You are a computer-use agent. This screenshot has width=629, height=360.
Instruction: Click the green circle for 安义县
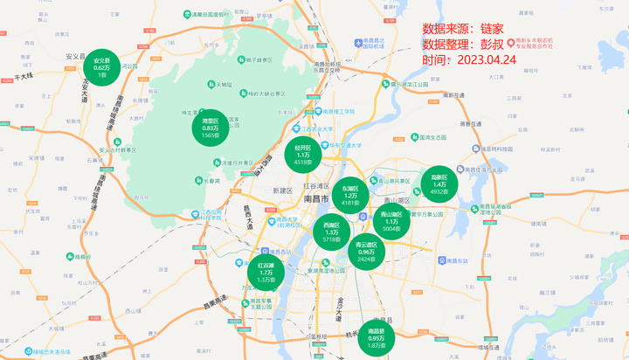point(101,67)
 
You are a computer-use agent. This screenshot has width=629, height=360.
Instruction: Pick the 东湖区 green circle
point(350,196)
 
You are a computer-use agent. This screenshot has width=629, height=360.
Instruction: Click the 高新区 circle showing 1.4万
point(439,183)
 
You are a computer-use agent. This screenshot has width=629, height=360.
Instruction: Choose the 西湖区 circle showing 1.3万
point(331,232)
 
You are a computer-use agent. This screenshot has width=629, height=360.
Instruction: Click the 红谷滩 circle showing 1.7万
point(266,273)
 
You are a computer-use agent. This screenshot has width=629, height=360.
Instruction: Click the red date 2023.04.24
point(481,59)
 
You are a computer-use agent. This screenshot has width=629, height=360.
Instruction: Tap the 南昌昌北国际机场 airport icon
point(358,44)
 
